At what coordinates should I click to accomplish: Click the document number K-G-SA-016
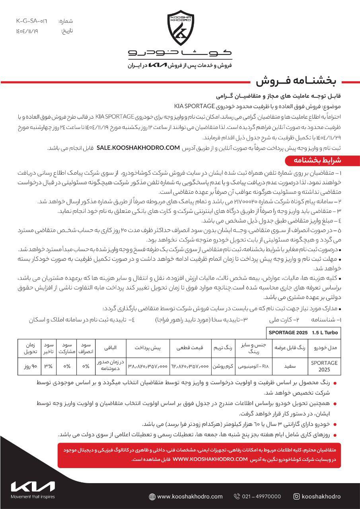click(31, 21)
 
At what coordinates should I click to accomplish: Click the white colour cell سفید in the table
click(289, 366)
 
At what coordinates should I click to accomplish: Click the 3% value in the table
click(48, 366)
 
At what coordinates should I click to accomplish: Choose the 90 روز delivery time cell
click(29, 366)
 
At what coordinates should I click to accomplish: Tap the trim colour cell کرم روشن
click(222, 366)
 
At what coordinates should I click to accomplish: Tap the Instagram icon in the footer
click(296, 496)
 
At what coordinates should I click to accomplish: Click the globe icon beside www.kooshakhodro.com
click(152, 497)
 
